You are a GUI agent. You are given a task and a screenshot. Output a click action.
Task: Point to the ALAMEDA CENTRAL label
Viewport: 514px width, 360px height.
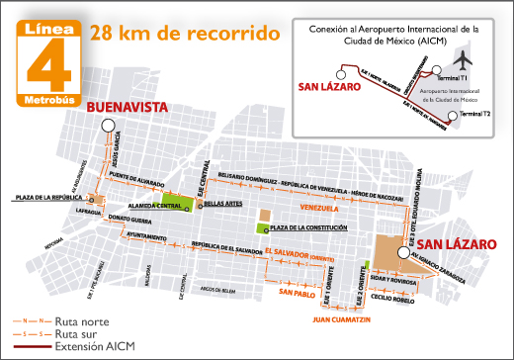(152, 205)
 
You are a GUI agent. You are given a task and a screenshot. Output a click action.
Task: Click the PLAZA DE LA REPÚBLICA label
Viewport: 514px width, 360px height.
(47, 198)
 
